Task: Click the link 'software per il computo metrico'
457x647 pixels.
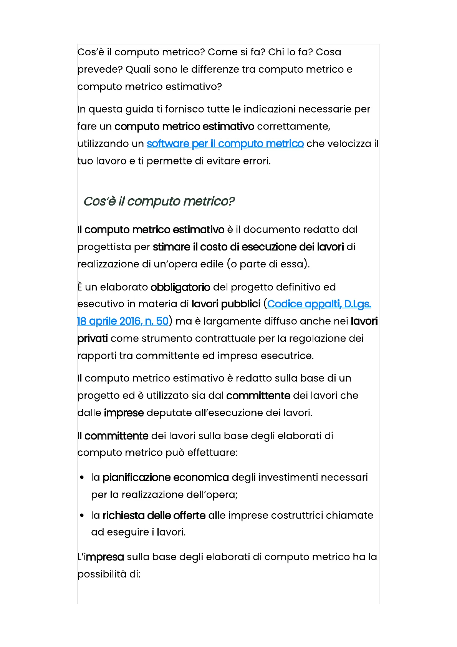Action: (x=225, y=144)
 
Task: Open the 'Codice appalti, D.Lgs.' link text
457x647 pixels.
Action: (x=319, y=304)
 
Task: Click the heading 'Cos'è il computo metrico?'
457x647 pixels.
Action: (x=159, y=201)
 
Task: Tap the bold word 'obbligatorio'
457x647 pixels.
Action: (x=180, y=287)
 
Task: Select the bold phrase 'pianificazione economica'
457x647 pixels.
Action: (x=166, y=477)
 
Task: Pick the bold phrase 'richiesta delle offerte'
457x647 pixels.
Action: (x=154, y=515)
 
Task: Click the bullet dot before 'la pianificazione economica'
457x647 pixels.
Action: (x=82, y=478)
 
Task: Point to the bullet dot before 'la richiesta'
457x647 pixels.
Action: (x=82, y=516)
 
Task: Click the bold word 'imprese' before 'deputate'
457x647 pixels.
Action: (x=124, y=413)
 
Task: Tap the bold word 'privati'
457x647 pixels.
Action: (x=93, y=338)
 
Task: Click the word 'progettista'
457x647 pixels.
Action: (x=104, y=247)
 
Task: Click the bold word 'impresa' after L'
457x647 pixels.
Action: (x=104, y=557)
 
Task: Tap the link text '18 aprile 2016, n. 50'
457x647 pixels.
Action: (x=123, y=321)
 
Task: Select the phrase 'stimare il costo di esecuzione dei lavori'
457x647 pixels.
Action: (x=248, y=247)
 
